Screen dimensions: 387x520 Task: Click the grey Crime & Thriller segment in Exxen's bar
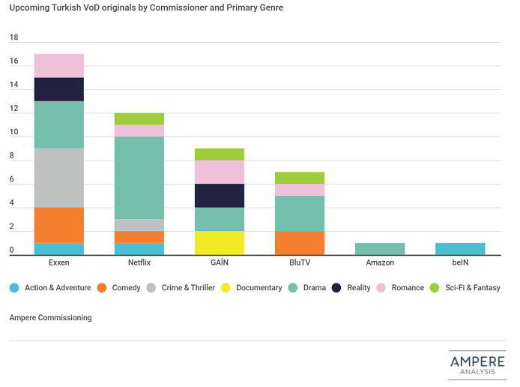pos(59,178)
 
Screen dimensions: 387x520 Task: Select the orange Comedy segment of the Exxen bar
pos(59,225)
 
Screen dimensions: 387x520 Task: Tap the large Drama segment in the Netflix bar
pos(139,178)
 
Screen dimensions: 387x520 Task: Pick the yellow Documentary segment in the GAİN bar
pos(220,243)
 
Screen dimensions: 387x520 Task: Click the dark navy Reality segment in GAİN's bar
pos(220,196)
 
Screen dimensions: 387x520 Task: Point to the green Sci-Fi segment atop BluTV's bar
pos(300,178)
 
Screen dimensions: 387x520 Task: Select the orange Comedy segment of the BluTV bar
pos(300,243)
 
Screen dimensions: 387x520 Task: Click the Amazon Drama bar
pos(380,249)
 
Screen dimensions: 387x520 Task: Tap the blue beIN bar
pos(460,249)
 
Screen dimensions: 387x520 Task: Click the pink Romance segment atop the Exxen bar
pos(59,66)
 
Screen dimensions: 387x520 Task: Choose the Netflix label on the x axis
pos(139,264)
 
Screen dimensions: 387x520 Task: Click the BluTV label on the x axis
pos(300,264)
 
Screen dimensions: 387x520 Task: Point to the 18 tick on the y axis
pos(13,37)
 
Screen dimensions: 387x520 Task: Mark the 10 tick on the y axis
pos(13,133)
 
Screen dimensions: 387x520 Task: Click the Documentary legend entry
pos(254,287)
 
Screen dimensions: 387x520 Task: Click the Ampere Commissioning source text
pos(50,317)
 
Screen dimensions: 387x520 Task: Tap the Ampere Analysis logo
pos(477,364)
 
